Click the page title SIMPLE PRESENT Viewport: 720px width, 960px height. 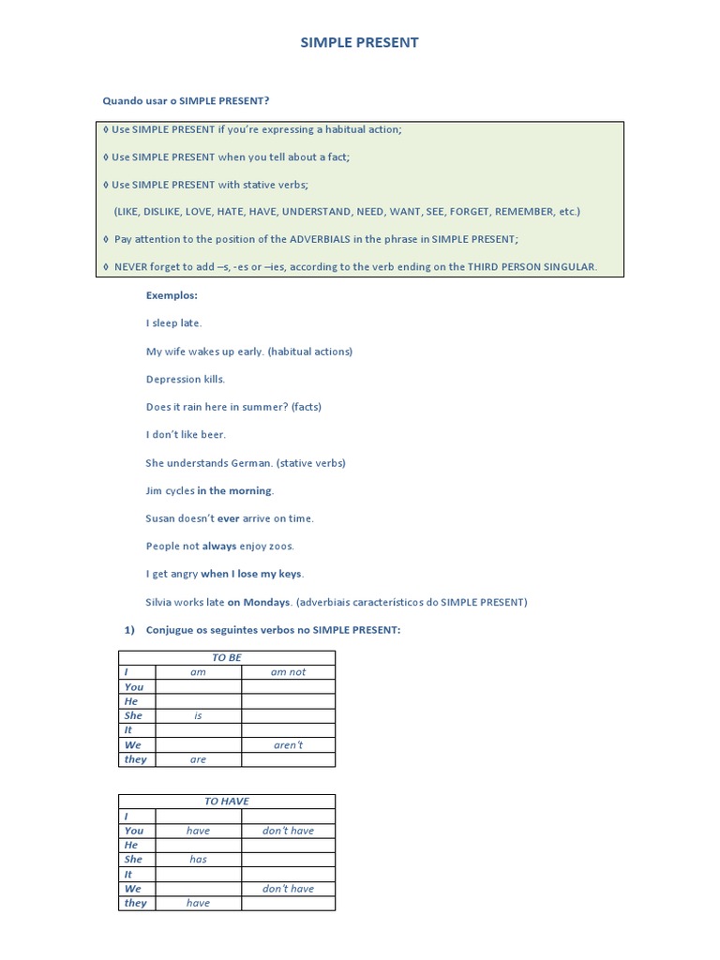[359, 42]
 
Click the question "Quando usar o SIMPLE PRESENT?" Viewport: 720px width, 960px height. [191, 100]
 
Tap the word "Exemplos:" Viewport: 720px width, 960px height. [172, 295]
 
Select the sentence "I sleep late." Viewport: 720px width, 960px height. [173, 323]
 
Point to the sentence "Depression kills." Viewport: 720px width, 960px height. [186, 380]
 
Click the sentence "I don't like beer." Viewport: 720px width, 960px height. [186, 435]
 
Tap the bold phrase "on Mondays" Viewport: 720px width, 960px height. [259, 602]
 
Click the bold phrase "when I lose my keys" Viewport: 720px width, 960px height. [252, 574]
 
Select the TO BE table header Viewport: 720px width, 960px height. [227, 657]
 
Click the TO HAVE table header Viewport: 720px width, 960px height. [227, 802]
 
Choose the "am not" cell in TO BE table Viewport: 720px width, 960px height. [288, 672]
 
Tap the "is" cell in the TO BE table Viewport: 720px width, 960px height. [198, 715]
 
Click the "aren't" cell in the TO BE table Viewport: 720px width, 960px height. [288, 745]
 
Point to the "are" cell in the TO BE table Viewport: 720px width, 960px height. [198, 759]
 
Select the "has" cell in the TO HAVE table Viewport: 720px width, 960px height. [198, 860]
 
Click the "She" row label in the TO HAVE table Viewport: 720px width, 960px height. [133, 860]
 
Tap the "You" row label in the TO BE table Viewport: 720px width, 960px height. [134, 687]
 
